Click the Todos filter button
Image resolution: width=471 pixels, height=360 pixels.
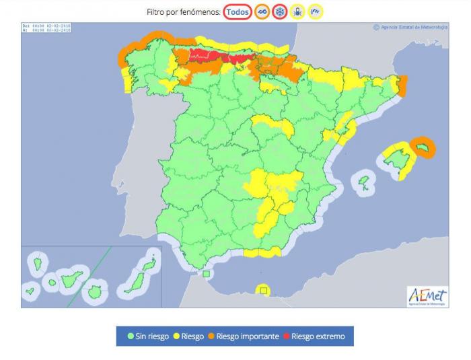point(238,12)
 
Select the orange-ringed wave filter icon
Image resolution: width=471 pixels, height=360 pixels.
point(262,12)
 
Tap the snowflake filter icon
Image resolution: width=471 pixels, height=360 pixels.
point(280,12)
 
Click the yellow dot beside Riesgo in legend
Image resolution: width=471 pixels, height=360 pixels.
point(177,336)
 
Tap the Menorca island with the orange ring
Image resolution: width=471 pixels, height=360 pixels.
point(425,146)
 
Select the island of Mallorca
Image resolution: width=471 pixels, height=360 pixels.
point(398,160)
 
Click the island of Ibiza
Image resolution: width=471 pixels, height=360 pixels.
point(365,182)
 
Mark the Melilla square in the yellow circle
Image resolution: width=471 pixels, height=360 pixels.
point(264,291)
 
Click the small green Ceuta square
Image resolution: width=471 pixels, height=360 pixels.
point(207,273)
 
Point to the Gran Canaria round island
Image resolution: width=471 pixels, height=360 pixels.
point(95,293)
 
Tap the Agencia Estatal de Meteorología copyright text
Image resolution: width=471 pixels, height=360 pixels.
point(410,28)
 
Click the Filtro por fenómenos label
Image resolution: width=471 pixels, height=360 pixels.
point(184,12)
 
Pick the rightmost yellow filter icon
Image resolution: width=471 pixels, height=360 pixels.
point(315,12)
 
